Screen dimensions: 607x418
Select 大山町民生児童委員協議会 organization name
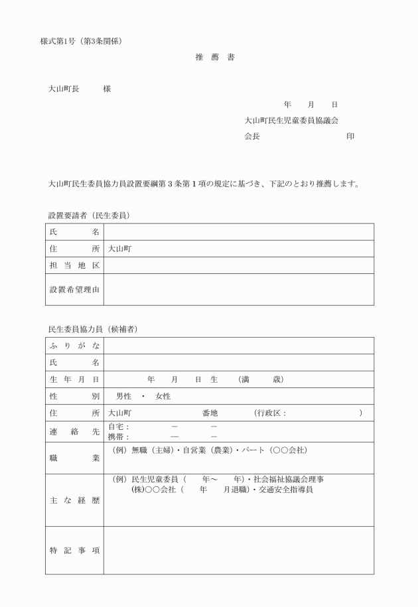291,121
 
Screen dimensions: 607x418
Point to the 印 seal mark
350,137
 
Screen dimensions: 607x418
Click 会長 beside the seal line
251,137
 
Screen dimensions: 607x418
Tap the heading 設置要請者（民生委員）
88,216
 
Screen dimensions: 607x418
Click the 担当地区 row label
74,265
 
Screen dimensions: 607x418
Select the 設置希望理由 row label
74,289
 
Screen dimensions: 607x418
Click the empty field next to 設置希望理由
238,289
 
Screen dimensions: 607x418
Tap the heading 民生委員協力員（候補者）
93,329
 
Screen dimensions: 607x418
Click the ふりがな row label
74,346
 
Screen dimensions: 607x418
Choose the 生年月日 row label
74,379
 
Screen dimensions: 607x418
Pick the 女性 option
163,396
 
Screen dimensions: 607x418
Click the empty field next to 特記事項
238,550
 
